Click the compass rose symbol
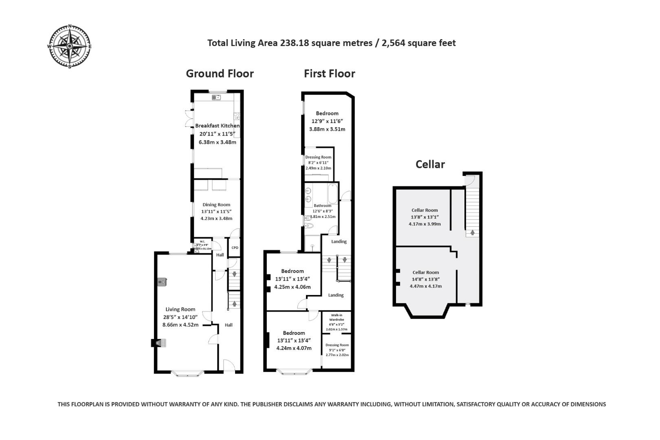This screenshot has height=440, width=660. point(70,46)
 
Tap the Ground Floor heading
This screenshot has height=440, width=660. point(220,74)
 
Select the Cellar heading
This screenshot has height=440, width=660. point(430,164)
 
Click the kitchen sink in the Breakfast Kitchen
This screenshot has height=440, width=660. point(216,97)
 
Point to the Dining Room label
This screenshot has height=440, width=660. point(216,205)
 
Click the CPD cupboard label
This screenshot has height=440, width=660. point(235,248)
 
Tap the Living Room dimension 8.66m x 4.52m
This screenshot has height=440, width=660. point(180,325)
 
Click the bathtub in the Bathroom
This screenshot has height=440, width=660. point(332,194)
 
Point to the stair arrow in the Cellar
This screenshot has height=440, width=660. point(472,233)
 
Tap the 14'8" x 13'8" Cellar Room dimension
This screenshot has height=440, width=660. point(425,279)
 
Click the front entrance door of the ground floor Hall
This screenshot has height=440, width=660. point(229,365)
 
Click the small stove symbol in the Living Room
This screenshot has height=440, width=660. point(162,282)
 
